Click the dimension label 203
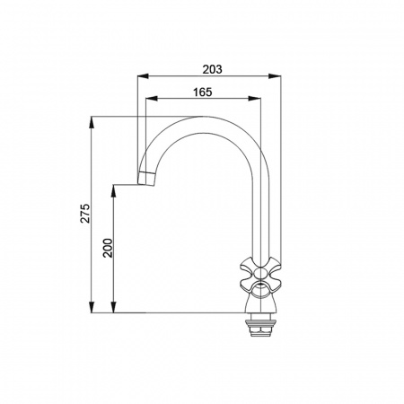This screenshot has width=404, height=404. coord(212,69)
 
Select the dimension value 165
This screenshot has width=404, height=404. coord(202,92)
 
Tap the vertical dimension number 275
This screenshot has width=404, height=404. coord(85,213)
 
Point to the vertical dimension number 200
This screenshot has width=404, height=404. coord(108,248)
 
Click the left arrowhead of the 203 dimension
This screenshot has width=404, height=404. coord(143,76)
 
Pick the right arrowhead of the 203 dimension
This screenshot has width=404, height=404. coord(275,76)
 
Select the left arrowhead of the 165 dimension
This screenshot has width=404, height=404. coord(151,99)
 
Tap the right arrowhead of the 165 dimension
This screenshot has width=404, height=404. coord(255,99)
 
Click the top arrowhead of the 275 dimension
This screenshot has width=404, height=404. coord(92,122)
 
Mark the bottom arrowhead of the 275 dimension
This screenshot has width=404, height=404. coord(92,307)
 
